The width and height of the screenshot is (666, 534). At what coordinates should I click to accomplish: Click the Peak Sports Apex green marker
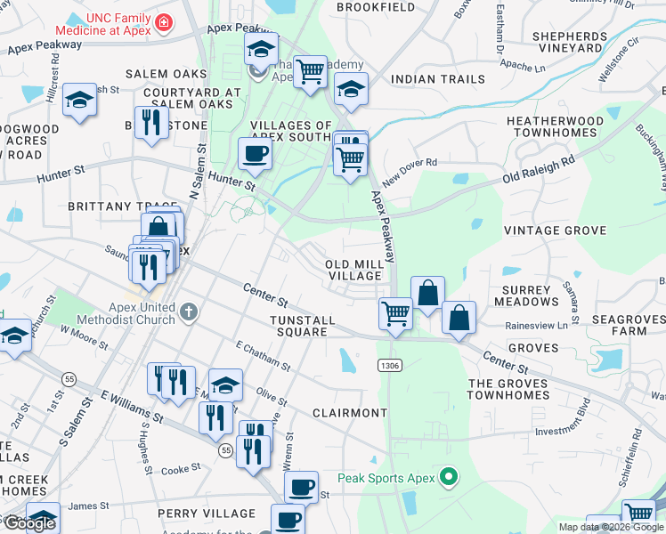point(450,478)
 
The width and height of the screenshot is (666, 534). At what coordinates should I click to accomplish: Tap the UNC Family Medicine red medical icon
point(163,21)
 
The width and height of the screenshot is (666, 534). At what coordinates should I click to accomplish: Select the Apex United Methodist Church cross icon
point(187,312)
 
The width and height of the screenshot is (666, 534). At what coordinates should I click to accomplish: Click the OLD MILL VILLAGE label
point(353,271)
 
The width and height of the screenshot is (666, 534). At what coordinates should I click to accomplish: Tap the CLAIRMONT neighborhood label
point(350,413)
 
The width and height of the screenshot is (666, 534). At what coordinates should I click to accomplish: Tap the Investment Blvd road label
point(563,431)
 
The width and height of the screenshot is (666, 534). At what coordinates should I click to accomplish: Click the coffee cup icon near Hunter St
point(255,153)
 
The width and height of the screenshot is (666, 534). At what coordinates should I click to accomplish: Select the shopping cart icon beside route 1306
point(394,312)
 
